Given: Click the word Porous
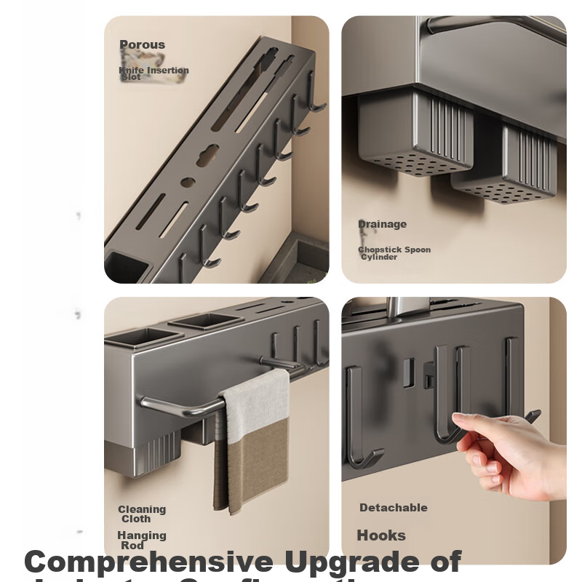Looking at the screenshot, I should point(142,45).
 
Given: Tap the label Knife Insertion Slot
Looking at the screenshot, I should point(154,73).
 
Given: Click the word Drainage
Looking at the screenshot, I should point(382,224).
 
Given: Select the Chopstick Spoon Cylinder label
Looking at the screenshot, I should point(394,253).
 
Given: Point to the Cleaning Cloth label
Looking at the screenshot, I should point(142,514).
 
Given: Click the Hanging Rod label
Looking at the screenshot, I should point(141,540).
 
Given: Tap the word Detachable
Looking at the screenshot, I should point(393,508).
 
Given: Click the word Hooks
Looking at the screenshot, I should point(381,535).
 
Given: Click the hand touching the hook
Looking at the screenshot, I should point(509,451).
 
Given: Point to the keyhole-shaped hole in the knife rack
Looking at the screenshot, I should point(207,155).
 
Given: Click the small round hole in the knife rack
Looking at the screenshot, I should point(188,182).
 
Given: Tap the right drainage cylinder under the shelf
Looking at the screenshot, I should point(509,171).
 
